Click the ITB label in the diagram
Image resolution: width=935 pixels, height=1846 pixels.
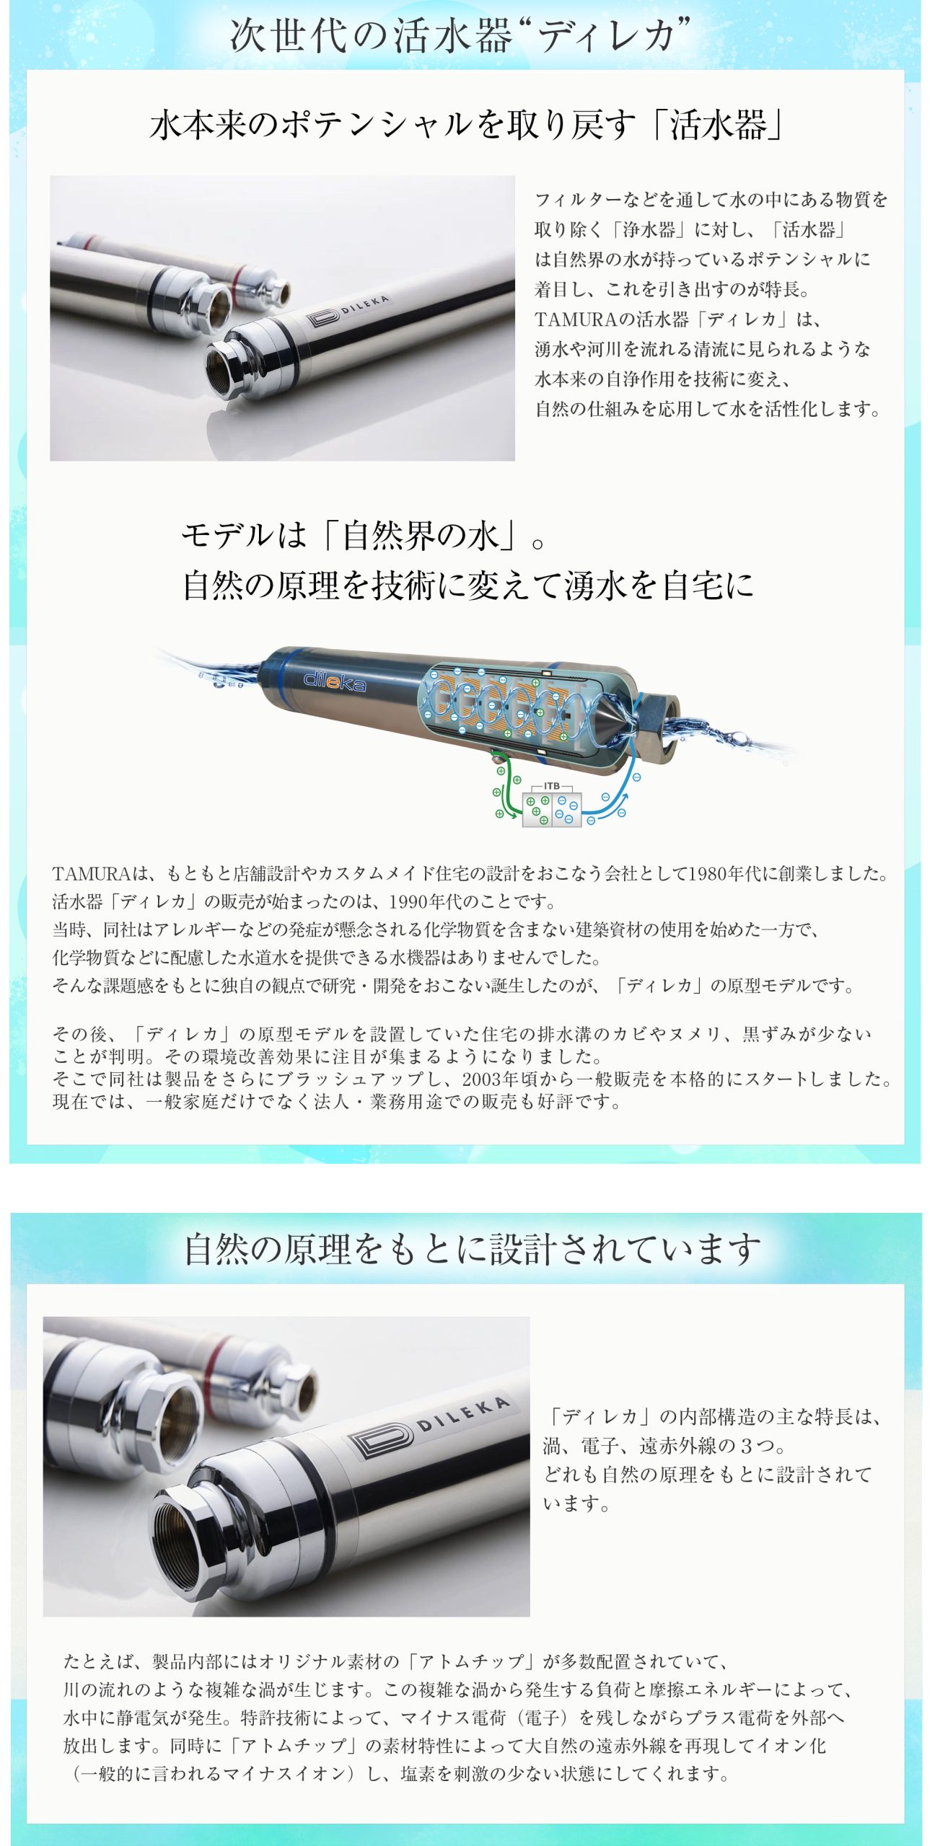[x=551, y=785]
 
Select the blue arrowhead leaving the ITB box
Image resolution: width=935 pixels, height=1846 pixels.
[x=625, y=798]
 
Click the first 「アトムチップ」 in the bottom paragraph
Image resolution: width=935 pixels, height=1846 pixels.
[x=472, y=1661]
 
